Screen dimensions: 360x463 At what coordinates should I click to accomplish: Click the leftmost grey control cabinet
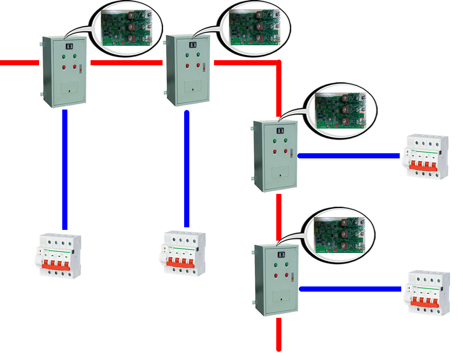click(x=64, y=71)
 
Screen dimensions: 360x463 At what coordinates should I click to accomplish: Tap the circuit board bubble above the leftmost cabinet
click(x=126, y=28)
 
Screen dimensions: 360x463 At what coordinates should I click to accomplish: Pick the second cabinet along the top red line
click(x=187, y=70)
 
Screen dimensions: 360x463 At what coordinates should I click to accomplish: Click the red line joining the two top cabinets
click(x=127, y=63)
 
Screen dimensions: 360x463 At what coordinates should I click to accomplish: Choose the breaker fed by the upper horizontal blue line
click(x=426, y=157)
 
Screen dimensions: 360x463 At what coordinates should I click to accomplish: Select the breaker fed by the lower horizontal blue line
click(x=428, y=293)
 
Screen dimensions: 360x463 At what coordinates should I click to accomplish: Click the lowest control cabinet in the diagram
click(x=277, y=280)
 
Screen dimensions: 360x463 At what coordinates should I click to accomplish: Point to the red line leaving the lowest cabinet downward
click(x=279, y=334)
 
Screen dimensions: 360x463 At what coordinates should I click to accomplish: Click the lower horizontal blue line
click(x=350, y=289)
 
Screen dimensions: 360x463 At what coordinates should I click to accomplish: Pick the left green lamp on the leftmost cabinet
click(x=64, y=56)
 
